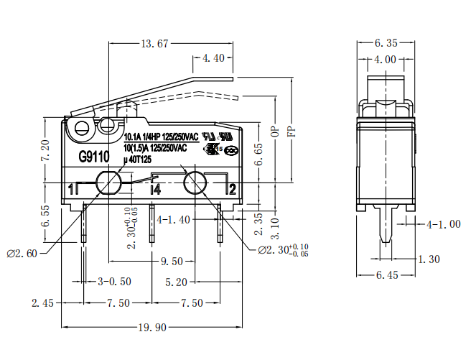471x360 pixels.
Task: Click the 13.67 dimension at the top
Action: pos(154,44)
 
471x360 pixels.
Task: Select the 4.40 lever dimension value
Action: pos(214,58)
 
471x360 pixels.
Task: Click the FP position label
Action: pos(291,132)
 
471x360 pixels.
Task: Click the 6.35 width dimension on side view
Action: pos(388,44)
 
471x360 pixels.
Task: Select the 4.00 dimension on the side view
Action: pos(388,59)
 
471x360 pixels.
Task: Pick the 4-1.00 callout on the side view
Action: pos(444,224)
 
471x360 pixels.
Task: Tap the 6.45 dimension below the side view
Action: pos(388,275)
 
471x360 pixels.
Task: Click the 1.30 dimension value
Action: pos(428,259)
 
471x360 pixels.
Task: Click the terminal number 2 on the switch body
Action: pos(231,189)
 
